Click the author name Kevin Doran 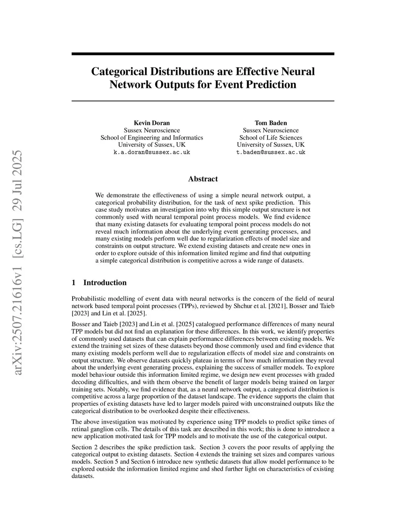pos(151,123)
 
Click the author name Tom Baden pos(270,123)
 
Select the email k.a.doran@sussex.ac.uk pos(151,152)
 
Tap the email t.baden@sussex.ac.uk pos(270,152)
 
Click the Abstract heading pos(203,179)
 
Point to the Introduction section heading pos(105,283)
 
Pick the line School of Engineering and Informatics pos(151,137)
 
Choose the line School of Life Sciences pos(270,137)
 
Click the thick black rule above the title pos(203,54)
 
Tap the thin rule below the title pos(203,101)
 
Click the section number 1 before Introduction pos(73,283)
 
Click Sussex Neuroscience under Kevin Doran pos(151,130)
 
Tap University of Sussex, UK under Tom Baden pos(270,145)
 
